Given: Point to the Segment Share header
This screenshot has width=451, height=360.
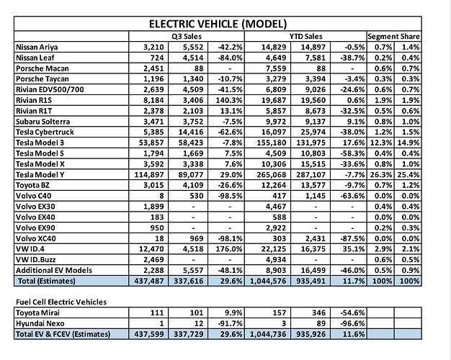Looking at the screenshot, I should click(x=394, y=36).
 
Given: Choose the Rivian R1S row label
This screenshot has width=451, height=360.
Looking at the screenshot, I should click(x=35, y=100).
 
